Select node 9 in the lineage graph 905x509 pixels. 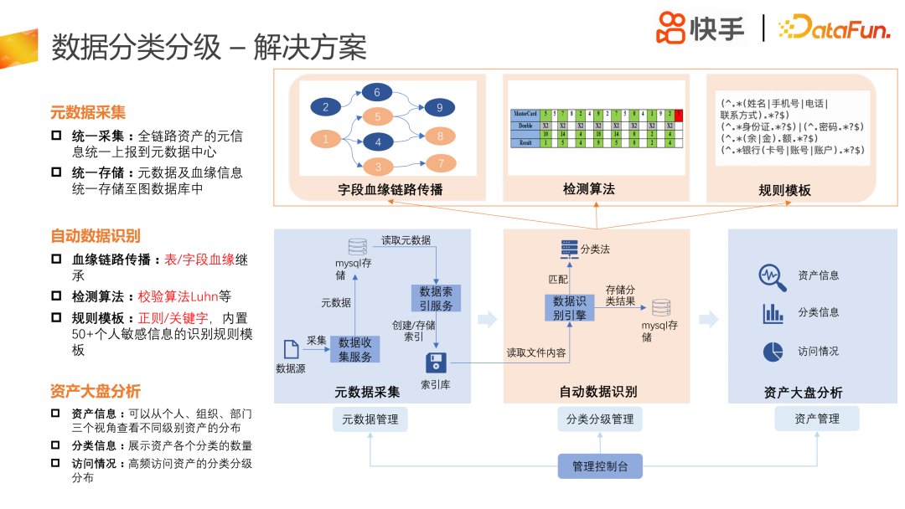pos(441,107)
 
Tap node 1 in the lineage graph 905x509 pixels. pos(326,140)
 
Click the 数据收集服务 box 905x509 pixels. pos(355,349)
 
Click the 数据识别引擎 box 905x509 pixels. pos(570,307)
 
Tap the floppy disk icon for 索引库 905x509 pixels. pos(436,362)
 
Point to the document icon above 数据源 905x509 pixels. pos(292,349)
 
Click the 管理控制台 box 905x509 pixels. pos(600,466)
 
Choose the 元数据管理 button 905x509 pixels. pos(370,419)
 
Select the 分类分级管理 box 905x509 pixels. pos(600,419)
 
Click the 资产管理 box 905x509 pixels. pos(817,419)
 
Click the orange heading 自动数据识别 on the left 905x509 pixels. pos(96,235)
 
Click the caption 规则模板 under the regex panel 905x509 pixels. pos(784,190)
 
